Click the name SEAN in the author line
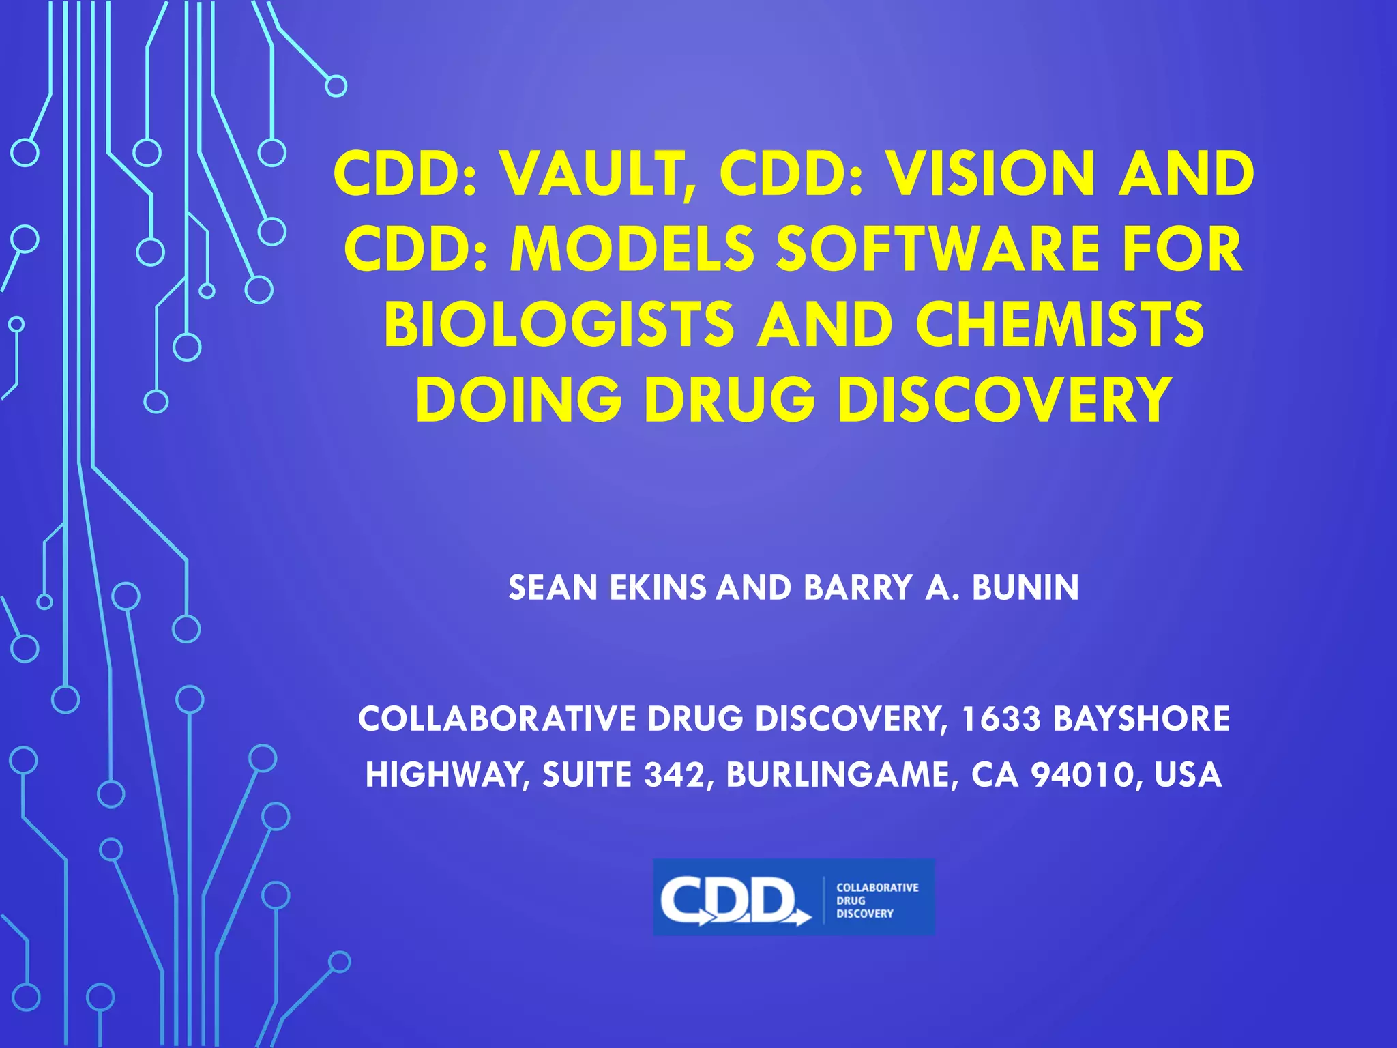553,588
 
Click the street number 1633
1001,719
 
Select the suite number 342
675,775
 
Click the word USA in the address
1188,775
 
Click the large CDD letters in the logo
730,900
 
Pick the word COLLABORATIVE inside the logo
877,888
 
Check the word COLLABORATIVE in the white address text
497,719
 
